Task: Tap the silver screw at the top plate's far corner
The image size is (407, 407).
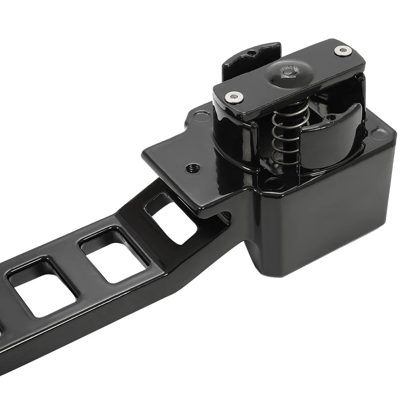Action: tap(343, 51)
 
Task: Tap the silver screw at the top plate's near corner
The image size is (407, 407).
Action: tap(234, 97)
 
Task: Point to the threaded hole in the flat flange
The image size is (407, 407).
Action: tap(193, 168)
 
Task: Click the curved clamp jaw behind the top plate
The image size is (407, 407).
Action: tap(250, 59)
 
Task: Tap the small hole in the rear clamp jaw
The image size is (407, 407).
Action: tap(251, 53)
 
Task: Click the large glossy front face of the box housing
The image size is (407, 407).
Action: tap(322, 220)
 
